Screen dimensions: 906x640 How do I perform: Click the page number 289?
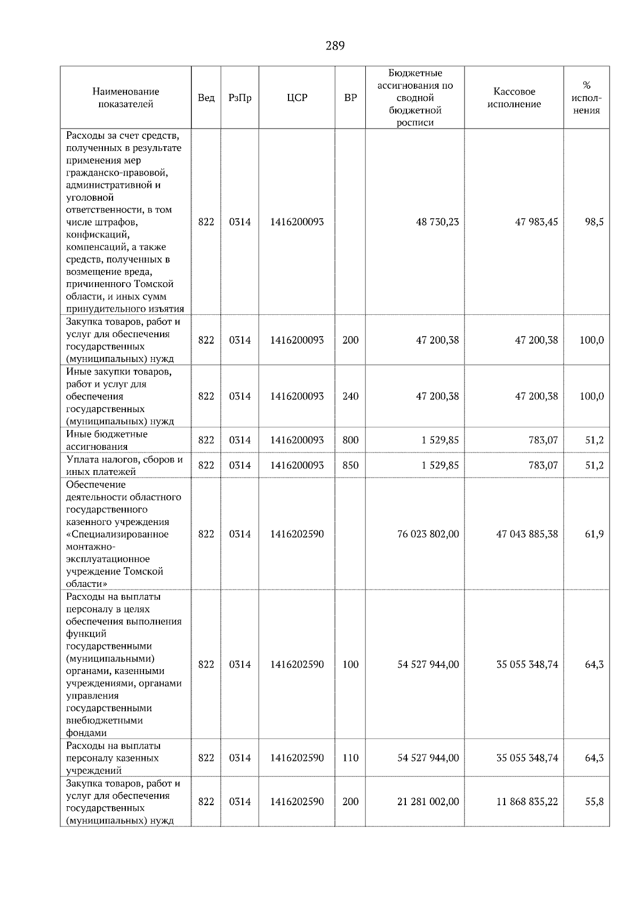335,46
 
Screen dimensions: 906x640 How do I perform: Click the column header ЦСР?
297,98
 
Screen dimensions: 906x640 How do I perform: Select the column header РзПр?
239,98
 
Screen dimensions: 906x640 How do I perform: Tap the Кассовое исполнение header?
514,98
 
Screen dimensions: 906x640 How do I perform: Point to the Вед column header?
206,98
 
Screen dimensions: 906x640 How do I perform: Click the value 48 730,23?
437,222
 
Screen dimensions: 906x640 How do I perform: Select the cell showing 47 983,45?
536,222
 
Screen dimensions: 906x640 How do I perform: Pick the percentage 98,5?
594,222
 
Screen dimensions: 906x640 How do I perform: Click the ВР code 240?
350,396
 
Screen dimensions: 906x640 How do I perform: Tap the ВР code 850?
350,465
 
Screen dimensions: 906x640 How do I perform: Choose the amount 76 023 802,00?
428,534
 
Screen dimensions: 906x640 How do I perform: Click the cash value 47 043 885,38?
527,534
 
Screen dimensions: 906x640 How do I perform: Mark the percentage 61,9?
594,534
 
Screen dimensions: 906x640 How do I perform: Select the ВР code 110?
350,758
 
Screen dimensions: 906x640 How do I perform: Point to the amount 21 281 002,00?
428,802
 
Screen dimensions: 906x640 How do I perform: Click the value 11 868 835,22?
527,802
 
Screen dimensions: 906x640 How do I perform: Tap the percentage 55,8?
594,802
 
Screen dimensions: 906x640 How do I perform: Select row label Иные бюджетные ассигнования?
107,440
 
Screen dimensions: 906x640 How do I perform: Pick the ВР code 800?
350,440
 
